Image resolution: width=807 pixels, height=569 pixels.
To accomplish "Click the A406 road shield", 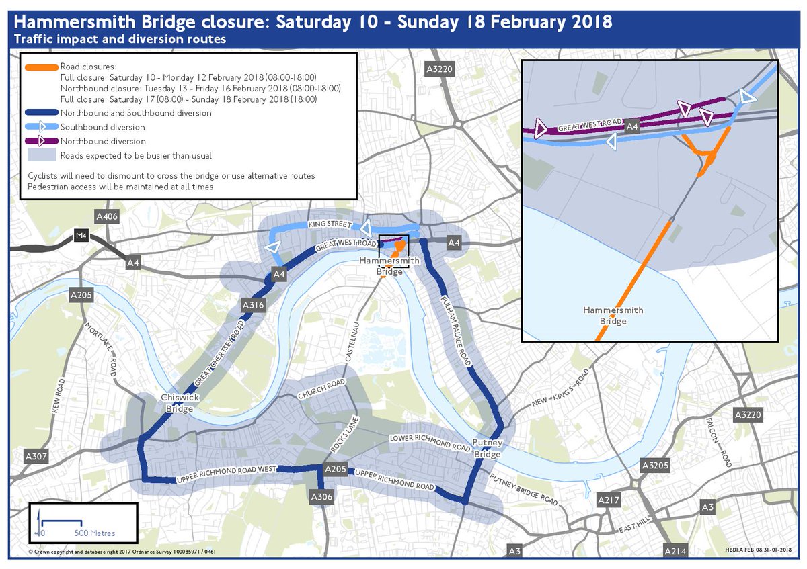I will (107, 216).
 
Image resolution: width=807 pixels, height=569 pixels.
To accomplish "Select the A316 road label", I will (252, 306).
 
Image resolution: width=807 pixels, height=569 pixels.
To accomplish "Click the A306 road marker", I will (321, 496).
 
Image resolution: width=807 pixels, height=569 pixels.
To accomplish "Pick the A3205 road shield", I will (654, 465).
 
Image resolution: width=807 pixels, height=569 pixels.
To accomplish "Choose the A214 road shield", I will (675, 551).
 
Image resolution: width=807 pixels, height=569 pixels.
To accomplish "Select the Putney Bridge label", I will (488, 449).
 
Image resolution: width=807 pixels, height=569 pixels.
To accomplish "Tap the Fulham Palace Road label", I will (457, 330).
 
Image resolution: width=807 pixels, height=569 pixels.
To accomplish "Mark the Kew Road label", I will (58, 397).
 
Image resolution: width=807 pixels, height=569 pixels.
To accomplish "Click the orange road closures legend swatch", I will (42, 67).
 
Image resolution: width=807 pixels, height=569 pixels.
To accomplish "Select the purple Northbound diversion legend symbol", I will (42, 141).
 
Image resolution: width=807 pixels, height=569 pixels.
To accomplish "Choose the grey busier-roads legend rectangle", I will (42, 156).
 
